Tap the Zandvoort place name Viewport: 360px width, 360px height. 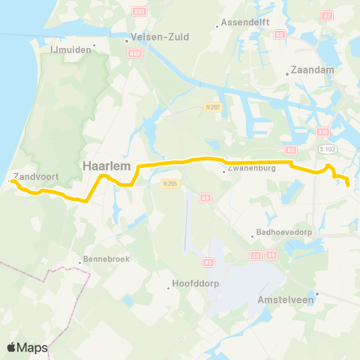(31, 175)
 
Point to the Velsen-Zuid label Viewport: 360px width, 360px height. (159, 36)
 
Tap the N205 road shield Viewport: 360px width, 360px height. (170, 182)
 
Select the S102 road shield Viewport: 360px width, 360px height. (325, 149)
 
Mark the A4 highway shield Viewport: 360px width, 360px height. (256, 255)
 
